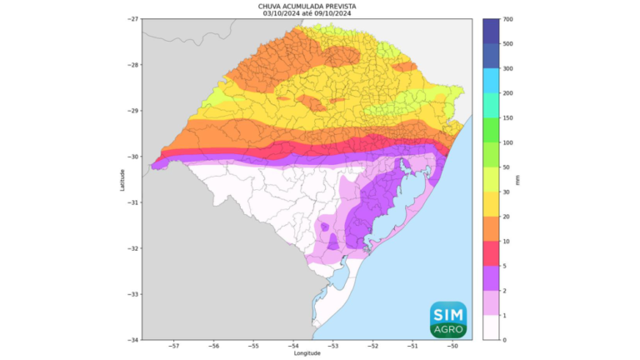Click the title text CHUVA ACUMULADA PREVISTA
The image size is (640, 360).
point(307,5)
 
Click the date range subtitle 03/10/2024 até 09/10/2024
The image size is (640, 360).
point(307,12)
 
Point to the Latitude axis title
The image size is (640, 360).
point(122,179)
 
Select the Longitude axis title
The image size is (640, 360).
point(307,353)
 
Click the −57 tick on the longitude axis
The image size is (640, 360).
point(174,346)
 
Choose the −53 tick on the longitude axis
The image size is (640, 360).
point(332,346)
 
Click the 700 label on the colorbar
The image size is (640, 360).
point(507,19)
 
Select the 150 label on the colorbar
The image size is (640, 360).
point(507,118)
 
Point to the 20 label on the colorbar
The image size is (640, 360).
point(507,217)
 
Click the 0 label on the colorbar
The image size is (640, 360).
point(505,340)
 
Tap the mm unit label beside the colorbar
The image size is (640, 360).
point(518,179)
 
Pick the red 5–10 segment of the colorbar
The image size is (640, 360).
point(490,254)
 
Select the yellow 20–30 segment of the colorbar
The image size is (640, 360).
point(490,205)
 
